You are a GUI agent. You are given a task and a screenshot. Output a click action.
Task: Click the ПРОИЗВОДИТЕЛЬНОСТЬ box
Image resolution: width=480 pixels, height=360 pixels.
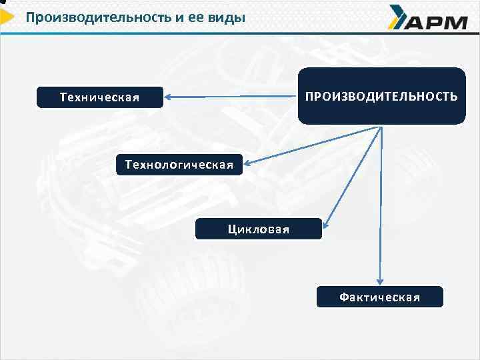(381, 97)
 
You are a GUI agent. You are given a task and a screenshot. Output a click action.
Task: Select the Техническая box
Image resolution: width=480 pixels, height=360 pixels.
(99, 98)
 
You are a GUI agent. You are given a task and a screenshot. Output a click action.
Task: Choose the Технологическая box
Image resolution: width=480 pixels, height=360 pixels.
(180, 164)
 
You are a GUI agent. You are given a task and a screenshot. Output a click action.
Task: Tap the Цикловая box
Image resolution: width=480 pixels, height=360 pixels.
(258, 229)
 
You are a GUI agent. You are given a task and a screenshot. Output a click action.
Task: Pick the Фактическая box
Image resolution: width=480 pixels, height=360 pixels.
(379, 297)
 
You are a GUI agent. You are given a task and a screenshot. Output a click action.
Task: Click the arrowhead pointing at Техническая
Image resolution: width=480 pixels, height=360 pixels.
(169, 97)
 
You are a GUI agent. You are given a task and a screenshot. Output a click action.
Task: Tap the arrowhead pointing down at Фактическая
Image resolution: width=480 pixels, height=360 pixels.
(380, 283)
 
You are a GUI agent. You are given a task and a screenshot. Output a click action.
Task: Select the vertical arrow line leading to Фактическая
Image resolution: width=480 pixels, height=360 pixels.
(381, 207)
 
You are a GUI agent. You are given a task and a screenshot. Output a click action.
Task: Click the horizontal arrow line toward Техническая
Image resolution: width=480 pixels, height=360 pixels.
(233, 97)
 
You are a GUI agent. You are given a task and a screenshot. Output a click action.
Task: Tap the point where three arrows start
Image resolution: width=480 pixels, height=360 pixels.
(381, 127)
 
